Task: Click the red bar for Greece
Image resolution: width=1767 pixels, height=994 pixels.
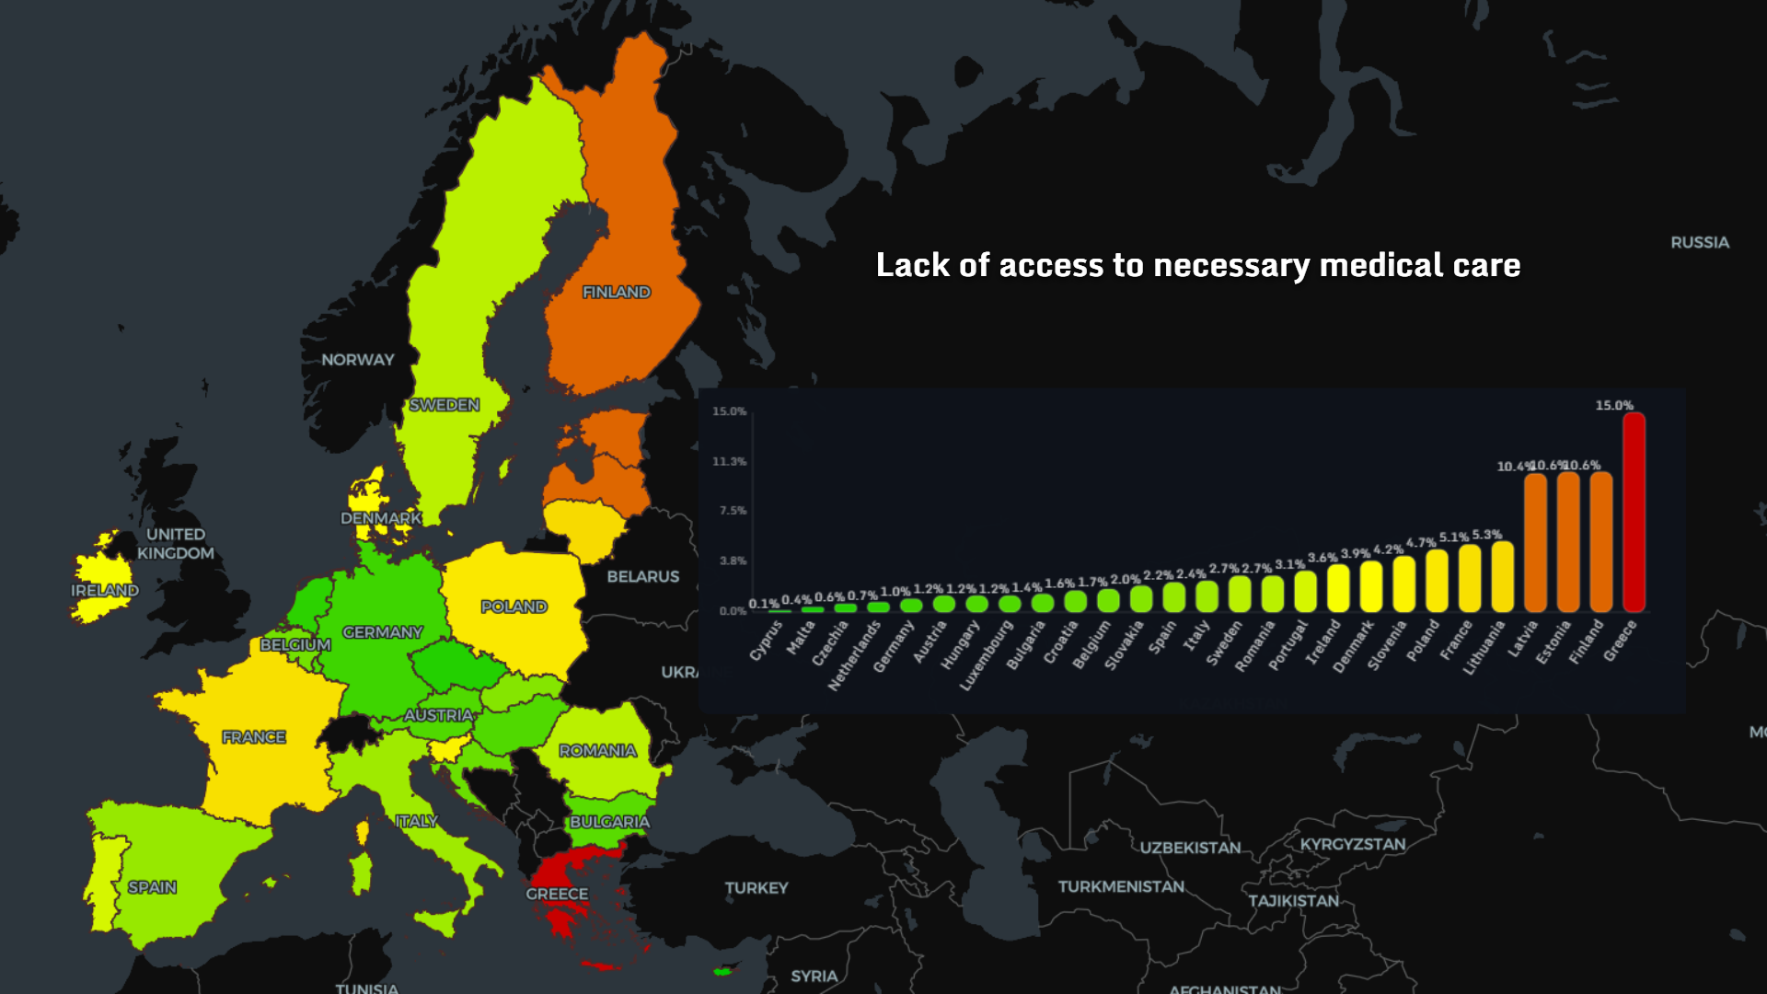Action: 1634,513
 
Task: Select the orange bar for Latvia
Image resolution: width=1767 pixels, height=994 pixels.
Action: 1535,543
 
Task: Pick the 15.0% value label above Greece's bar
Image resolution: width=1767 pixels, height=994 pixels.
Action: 1614,405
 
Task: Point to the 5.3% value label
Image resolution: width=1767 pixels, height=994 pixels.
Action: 1486,535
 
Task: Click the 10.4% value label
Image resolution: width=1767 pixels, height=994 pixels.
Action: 1514,467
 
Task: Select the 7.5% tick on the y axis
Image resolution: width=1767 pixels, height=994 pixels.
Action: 733,511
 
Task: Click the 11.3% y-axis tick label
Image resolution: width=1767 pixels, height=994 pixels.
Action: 729,461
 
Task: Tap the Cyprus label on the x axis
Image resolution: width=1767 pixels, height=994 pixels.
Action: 766,641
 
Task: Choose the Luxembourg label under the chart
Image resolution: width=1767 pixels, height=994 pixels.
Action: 986,655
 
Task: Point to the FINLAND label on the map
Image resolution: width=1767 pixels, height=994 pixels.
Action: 616,292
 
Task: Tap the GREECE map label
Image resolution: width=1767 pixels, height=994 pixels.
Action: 557,894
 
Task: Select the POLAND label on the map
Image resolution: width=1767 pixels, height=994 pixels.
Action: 514,607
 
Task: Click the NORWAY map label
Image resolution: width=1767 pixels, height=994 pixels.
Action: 357,360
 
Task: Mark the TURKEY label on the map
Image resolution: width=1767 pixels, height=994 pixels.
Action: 756,888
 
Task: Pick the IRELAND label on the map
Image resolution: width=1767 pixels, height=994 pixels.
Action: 105,590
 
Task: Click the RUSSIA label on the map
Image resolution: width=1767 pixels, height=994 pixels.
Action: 1700,242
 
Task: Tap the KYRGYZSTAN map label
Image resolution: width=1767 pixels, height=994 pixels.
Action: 1352,844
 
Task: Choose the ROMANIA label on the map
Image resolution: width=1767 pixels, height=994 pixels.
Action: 597,751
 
